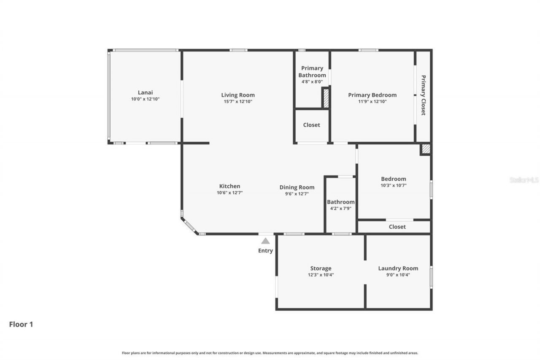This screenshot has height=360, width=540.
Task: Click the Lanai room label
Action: point(145,92)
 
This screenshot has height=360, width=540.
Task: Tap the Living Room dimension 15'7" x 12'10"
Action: point(238,102)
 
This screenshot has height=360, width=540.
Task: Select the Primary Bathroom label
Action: point(312,71)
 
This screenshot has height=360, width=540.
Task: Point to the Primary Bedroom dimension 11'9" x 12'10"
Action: point(372,102)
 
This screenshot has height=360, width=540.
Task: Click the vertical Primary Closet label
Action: point(423,95)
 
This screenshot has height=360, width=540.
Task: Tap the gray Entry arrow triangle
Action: point(265,241)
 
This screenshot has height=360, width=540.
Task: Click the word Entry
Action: point(265,251)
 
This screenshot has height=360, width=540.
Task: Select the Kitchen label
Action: point(229,186)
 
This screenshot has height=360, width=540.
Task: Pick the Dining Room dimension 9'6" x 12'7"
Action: point(297,194)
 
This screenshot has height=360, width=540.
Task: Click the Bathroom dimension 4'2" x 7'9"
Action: point(340,208)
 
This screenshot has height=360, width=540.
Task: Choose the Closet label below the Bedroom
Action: point(397,227)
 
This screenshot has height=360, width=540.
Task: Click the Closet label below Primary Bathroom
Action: point(311,125)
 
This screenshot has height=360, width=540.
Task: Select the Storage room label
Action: point(321,268)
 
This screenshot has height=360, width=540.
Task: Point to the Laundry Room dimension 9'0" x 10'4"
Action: point(398,275)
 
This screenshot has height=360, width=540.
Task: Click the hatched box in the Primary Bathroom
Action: point(325,98)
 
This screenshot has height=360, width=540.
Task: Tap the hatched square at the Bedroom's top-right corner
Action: point(426,149)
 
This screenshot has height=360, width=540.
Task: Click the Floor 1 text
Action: point(21,325)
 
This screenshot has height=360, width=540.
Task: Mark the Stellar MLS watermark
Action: point(524,180)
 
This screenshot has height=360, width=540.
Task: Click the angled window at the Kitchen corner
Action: point(190,226)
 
